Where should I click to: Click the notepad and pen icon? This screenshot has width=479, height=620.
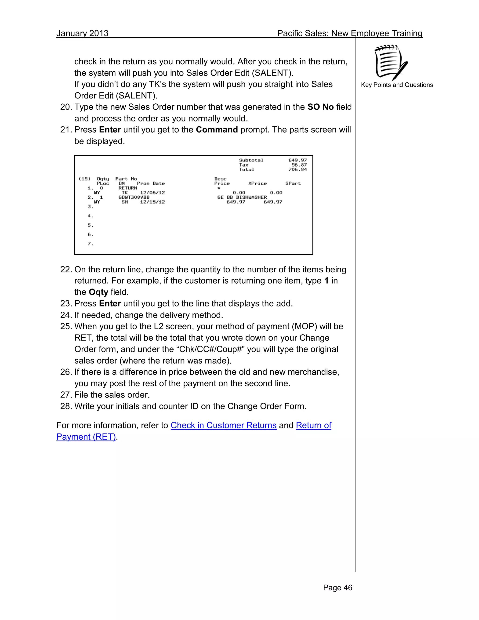click(391, 63)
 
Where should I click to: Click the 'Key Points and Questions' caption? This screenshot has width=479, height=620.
click(397, 85)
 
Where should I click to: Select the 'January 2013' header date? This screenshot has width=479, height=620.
click(82, 33)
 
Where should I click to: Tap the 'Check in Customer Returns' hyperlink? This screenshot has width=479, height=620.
click(223, 425)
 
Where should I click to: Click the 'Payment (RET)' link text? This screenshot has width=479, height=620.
click(86, 437)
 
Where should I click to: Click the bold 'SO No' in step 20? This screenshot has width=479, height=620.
click(320, 107)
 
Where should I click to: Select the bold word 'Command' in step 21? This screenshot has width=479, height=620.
click(217, 130)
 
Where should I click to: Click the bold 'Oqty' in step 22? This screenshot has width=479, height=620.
click(98, 292)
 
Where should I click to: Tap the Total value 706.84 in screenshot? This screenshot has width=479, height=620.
click(298, 169)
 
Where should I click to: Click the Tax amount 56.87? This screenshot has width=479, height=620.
click(299, 165)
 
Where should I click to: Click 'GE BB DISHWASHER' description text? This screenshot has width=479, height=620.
click(242, 197)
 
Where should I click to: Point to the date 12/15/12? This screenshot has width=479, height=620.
click(152, 202)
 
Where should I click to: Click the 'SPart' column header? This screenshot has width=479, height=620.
click(293, 183)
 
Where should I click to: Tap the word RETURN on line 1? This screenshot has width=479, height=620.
click(128, 188)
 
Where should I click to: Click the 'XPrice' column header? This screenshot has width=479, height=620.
click(257, 183)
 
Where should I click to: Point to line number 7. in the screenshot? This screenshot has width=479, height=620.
click(91, 244)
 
